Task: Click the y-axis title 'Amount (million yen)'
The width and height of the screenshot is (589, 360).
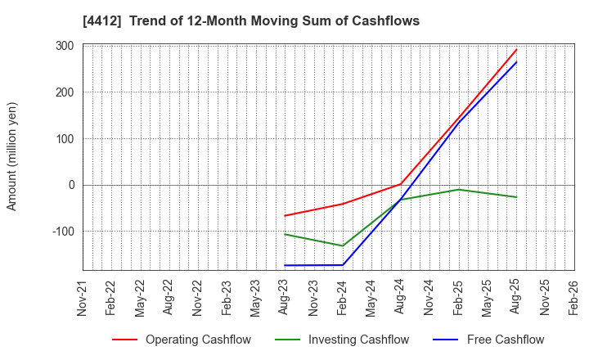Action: (x=12, y=156)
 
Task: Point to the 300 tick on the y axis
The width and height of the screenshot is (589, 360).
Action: (x=65, y=46)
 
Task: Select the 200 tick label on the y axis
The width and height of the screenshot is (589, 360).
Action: (x=65, y=92)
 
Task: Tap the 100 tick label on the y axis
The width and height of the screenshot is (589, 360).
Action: (x=65, y=139)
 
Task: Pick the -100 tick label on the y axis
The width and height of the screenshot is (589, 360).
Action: (x=62, y=232)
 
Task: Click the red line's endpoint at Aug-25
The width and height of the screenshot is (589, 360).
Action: (x=516, y=49)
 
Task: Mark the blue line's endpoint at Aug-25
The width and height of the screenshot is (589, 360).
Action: (x=516, y=62)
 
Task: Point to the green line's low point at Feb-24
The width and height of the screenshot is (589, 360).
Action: (x=343, y=245)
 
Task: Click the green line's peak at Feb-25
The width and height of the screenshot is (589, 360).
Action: (x=459, y=189)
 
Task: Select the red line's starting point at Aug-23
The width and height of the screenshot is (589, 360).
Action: (x=285, y=216)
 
